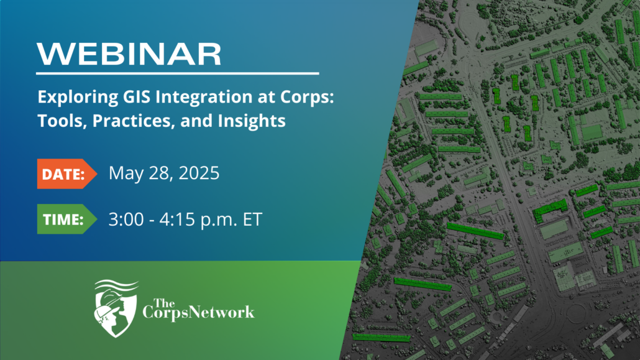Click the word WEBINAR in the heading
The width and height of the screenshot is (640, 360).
129,53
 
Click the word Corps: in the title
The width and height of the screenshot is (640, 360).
307,98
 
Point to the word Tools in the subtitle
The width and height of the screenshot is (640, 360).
62,121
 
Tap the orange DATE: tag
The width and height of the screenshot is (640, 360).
67,173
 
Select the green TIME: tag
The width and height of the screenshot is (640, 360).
67,219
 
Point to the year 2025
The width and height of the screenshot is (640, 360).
199,173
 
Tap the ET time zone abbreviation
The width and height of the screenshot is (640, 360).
252,219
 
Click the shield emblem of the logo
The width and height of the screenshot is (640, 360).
116,308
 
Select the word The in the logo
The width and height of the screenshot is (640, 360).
164,303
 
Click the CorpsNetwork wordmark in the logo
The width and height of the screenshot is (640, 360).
198,312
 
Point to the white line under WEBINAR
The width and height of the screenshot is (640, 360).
178,73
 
